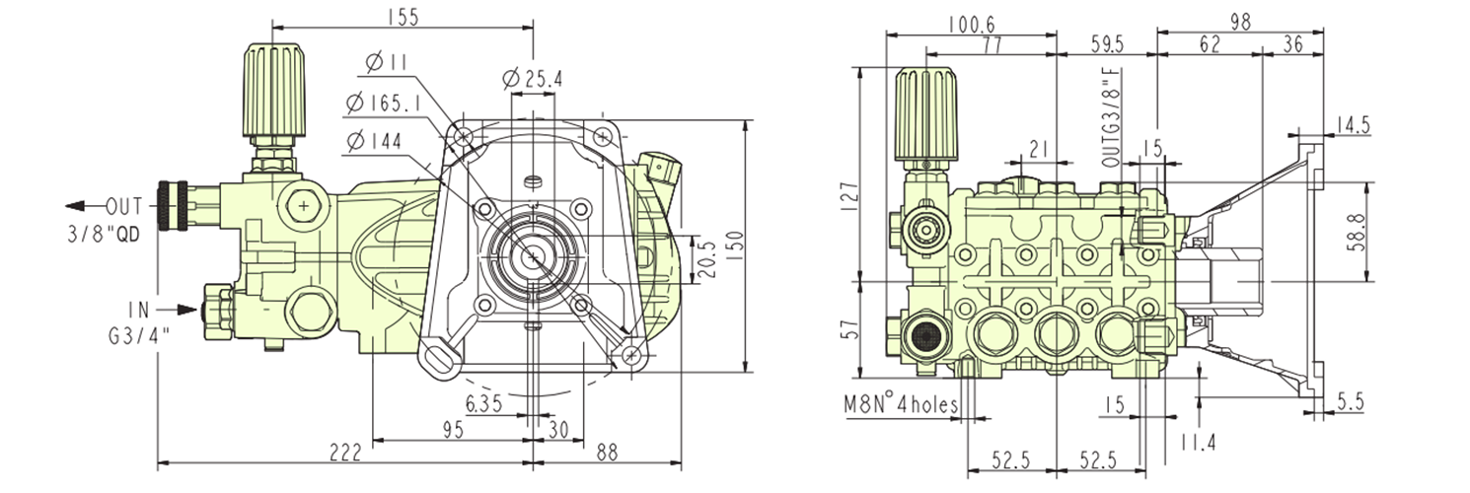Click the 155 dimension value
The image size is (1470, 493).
[x=402, y=16]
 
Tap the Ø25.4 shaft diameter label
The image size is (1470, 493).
[x=532, y=79]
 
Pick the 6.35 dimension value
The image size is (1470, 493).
[x=484, y=403]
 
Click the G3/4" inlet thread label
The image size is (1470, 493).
[x=138, y=335]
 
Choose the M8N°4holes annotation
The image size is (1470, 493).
[x=900, y=403]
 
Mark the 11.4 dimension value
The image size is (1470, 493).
[x=1199, y=441]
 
